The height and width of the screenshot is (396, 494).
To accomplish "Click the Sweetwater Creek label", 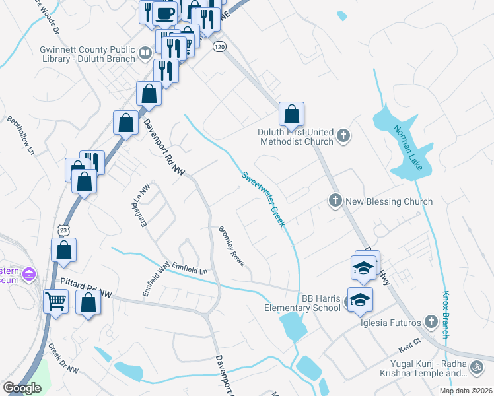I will (263, 199).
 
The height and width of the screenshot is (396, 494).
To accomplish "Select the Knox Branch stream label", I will (446, 315).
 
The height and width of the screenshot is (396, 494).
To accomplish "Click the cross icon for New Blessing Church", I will (335, 200).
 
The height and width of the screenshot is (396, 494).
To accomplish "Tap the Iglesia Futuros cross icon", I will (431, 321).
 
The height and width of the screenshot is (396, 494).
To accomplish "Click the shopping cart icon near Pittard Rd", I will (56, 303).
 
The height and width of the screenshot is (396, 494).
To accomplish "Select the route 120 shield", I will (220, 47).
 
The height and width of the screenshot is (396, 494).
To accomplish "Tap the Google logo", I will (22, 388).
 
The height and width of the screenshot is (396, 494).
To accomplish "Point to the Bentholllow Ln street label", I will (20, 135).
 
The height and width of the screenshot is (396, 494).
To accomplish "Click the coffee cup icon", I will (165, 13).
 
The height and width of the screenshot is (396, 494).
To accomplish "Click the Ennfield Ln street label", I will (190, 269).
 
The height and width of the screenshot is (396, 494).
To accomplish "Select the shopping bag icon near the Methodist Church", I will (291, 115).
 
